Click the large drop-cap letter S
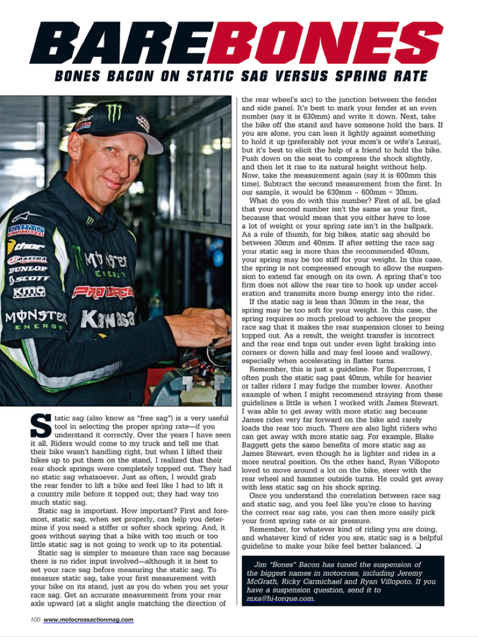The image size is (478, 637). (x=40, y=426)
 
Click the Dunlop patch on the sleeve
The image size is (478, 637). (x=28, y=269)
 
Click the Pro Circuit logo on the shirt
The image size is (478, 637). (x=103, y=292)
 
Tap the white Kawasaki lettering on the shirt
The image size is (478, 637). (x=108, y=318)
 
